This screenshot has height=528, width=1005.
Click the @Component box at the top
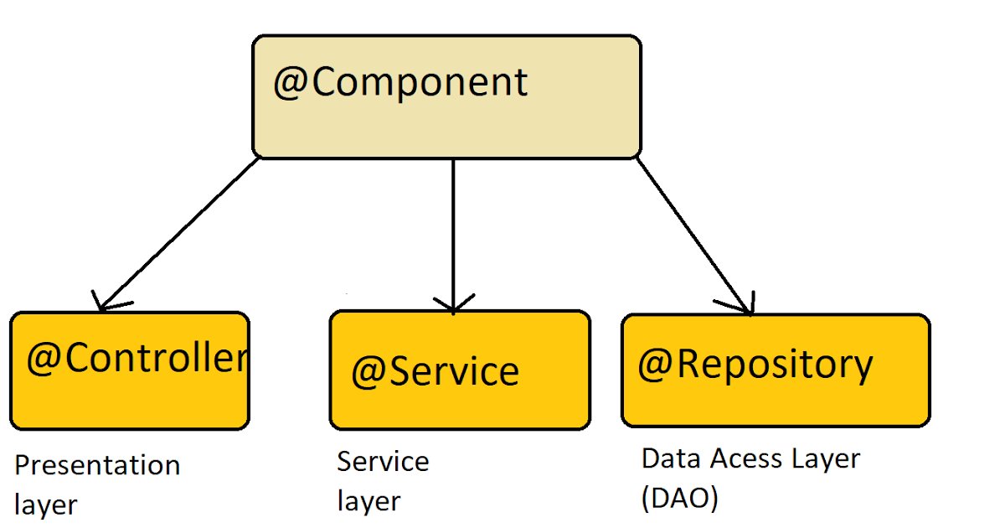coord(447,96)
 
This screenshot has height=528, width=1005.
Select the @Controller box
coord(130,370)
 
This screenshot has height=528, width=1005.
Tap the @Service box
coord(460,370)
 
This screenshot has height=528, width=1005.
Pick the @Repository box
coord(776,370)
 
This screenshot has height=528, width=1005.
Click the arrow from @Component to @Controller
coord(178,234)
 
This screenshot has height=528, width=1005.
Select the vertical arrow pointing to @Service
coord(454,236)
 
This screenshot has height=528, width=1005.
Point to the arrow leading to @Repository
coord(694,236)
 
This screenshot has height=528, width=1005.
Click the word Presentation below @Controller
coord(97,465)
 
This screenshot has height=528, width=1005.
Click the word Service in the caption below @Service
coord(383,462)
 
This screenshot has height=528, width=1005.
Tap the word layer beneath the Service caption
coord(368,502)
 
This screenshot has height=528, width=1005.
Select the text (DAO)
coord(680,499)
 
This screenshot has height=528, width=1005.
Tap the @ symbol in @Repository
coord(655,365)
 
